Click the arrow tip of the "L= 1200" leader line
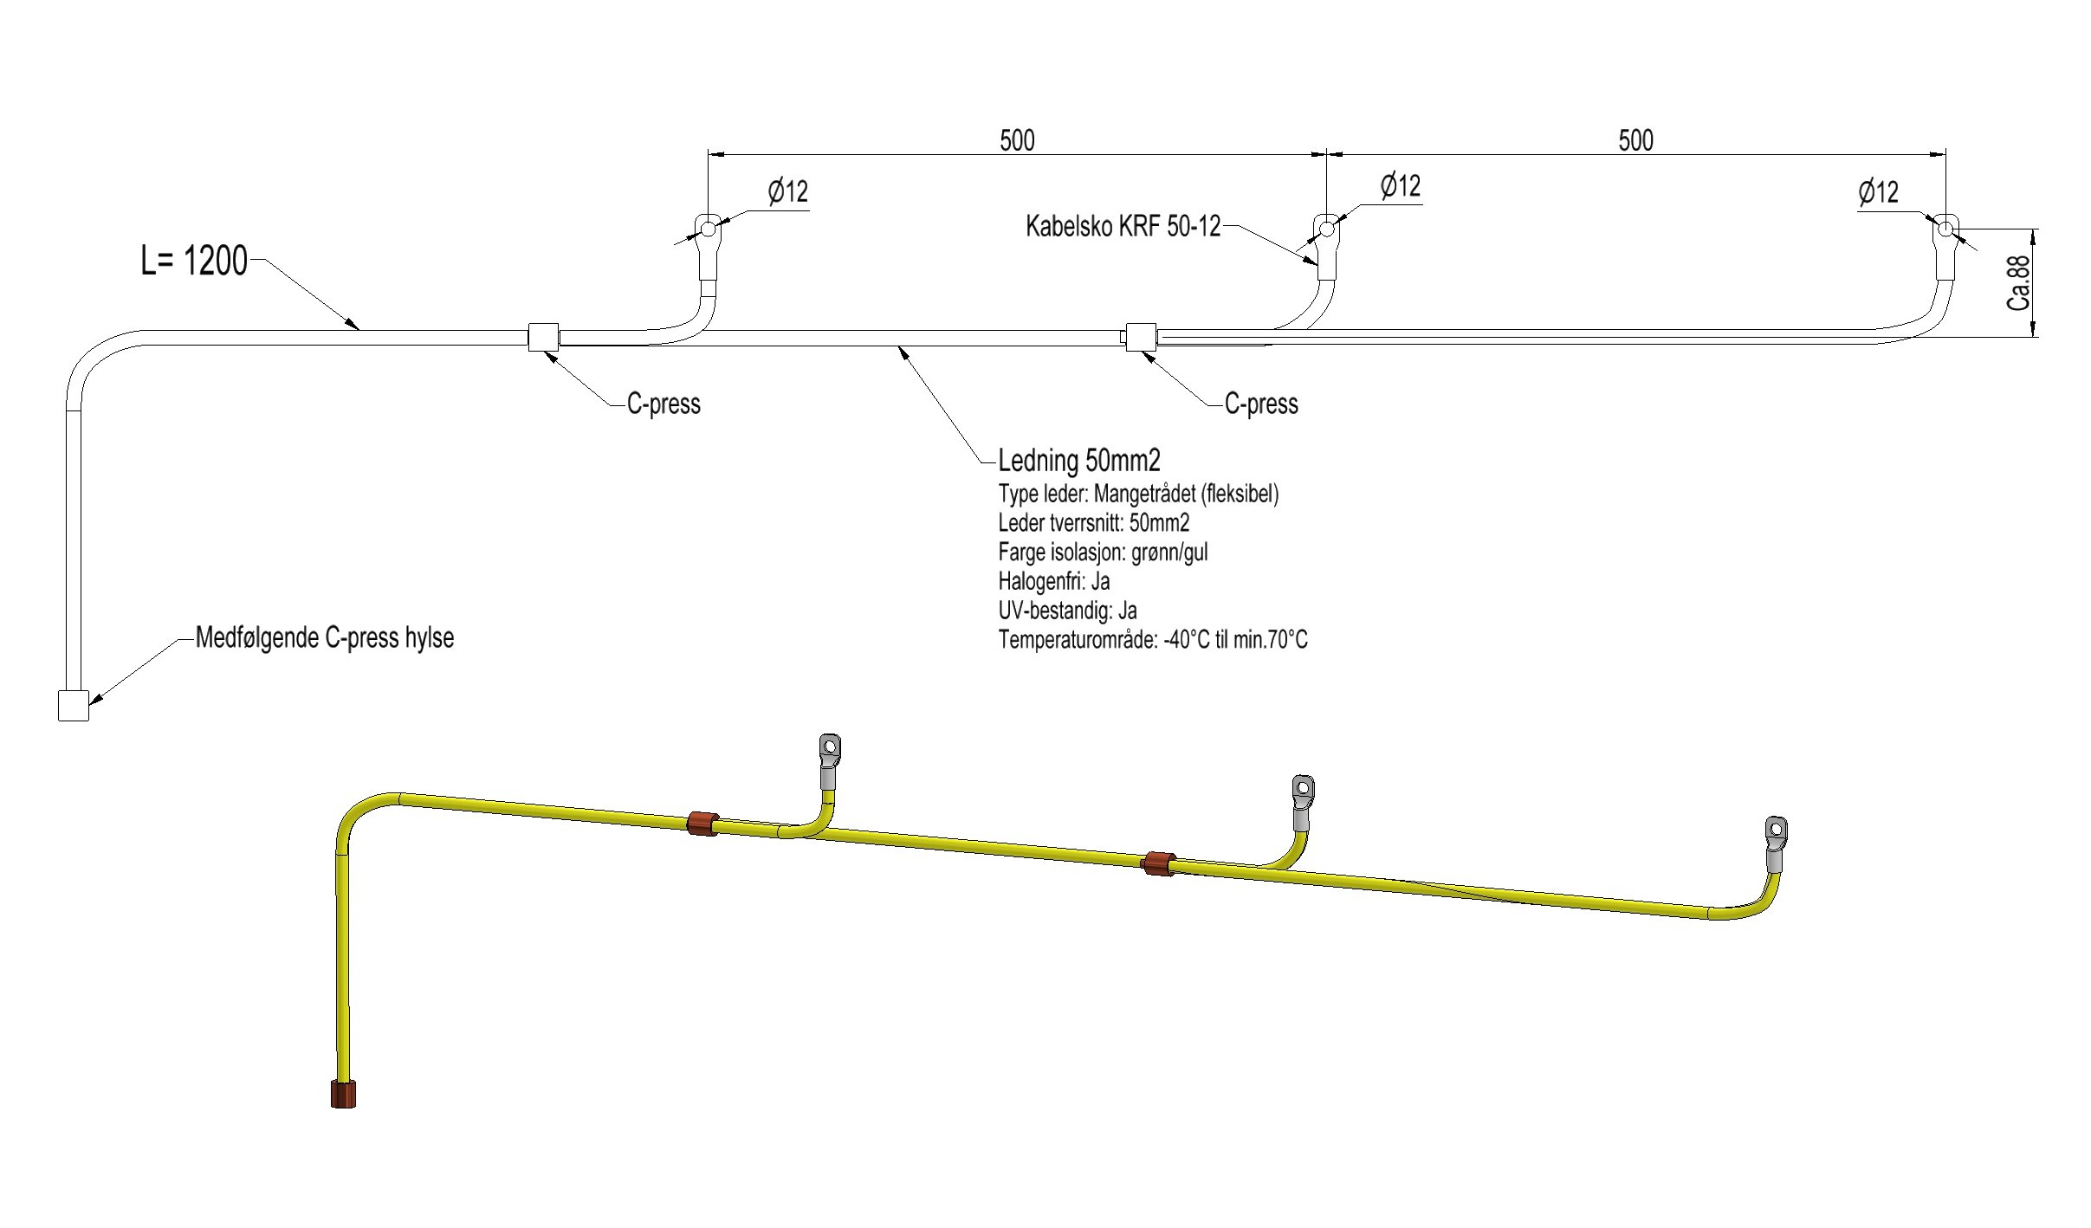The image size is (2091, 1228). pyautogui.click(x=359, y=330)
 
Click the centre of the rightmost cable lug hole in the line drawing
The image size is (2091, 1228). pyautogui.click(x=1945, y=229)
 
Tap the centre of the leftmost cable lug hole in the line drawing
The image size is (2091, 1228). pyautogui.click(x=708, y=229)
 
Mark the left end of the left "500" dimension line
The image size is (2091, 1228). pyautogui.click(x=709, y=155)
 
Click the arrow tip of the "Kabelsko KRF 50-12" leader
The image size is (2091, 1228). pyautogui.click(x=1317, y=263)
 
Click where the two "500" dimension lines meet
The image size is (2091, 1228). pyautogui.click(x=1326, y=155)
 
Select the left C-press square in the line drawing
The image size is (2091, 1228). pyautogui.click(x=543, y=337)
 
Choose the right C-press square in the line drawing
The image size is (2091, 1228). pyautogui.click(x=1140, y=337)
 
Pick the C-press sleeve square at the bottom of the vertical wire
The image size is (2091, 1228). pyautogui.click(x=73, y=706)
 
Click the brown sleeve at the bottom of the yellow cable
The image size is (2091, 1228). pyautogui.click(x=343, y=1094)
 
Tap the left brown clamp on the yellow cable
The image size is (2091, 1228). pyautogui.click(x=702, y=824)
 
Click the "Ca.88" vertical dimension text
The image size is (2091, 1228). pyautogui.click(x=2019, y=282)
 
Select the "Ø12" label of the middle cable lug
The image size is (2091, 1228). pyautogui.click(x=1400, y=186)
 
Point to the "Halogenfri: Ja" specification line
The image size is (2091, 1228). pyautogui.click(x=1053, y=581)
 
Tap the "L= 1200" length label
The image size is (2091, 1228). pyautogui.click(x=194, y=261)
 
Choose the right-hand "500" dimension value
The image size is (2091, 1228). pyautogui.click(x=1635, y=140)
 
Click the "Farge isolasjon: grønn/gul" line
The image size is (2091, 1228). pyautogui.click(x=1103, y=553)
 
